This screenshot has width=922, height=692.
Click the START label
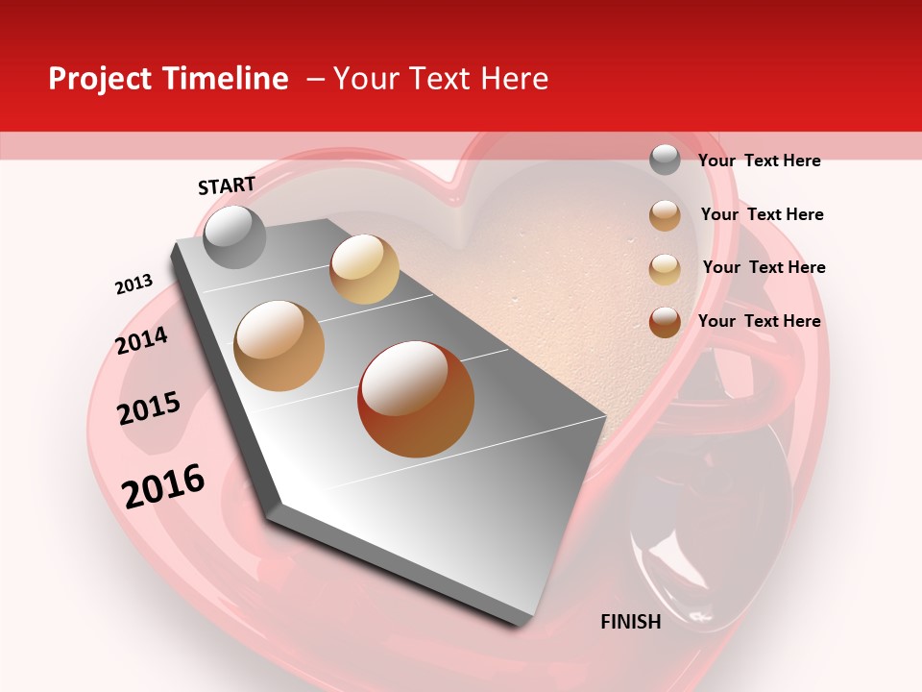coord(227,185)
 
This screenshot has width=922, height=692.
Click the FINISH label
coord(630,622)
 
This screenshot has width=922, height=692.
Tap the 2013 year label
coord(133,284)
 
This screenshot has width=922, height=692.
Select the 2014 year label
coord(141,340)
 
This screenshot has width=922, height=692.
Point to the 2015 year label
coord(148,408)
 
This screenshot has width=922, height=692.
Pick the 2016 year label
coord(163,485)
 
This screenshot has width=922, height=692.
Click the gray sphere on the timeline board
coord(234,236)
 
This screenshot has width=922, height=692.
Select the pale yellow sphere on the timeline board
coord(364,269)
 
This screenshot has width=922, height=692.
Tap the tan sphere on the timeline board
coord(279,346)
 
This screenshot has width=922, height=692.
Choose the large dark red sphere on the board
coord(416,399)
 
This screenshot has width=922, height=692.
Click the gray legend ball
coord(665,160)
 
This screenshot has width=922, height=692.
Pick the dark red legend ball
coord(665,321)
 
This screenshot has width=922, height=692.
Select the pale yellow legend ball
coord(665,268)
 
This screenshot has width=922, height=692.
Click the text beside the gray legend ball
coord(759,161)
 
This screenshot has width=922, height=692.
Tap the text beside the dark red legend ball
coord(759,321)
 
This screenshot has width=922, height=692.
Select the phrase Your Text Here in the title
coord(440,79)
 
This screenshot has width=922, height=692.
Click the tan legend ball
coord(665,214)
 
